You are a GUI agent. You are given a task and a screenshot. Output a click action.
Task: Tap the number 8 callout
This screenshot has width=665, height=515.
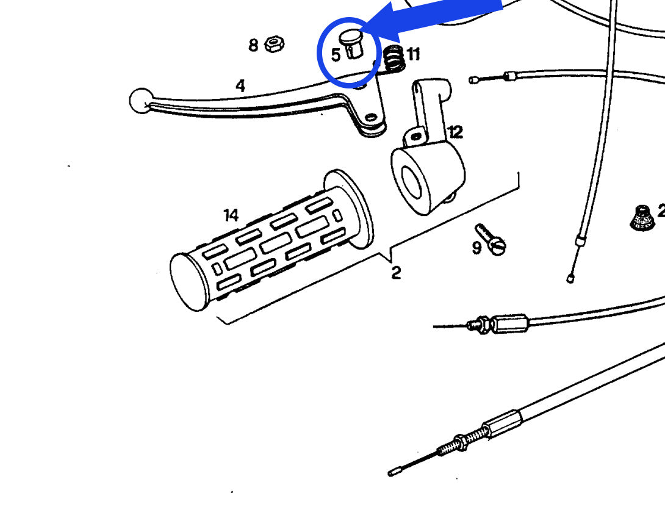pyautogui.click(x=253, y=45)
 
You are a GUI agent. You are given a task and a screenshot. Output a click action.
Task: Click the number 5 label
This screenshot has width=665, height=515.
pyautogui.click(x=336, y=55)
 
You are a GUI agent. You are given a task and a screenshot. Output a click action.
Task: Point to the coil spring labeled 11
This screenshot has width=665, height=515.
pyautogui.click(x=394, y=59)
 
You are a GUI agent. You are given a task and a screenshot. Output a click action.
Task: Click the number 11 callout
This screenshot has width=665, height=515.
pyautogui.click(x=414, y=55)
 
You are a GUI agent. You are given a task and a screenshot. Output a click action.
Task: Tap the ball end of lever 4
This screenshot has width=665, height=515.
pyautogui.click(x=140, y=100)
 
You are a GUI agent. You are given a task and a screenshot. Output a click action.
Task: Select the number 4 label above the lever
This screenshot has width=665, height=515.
pyautogui.click(x=240, y=86)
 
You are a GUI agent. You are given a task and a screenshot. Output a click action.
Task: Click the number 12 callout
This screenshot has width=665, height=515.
pyautogui.click(x=455, y=132)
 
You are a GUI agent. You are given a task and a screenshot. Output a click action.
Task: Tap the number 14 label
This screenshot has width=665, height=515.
pyautogui.click(x=231, y=215)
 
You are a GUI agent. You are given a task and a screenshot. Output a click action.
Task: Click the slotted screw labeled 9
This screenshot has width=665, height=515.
pyautogui.click(x=492, y=240)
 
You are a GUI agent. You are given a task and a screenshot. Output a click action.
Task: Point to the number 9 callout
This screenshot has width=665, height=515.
pyautogui.click(x=476, y=247)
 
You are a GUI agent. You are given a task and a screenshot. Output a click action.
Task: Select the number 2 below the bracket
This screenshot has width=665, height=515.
pyautogui.click(x=396, y=273)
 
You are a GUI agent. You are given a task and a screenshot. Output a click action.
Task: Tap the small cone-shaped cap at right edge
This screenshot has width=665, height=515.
pyautogui.click(x=641, y=217)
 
